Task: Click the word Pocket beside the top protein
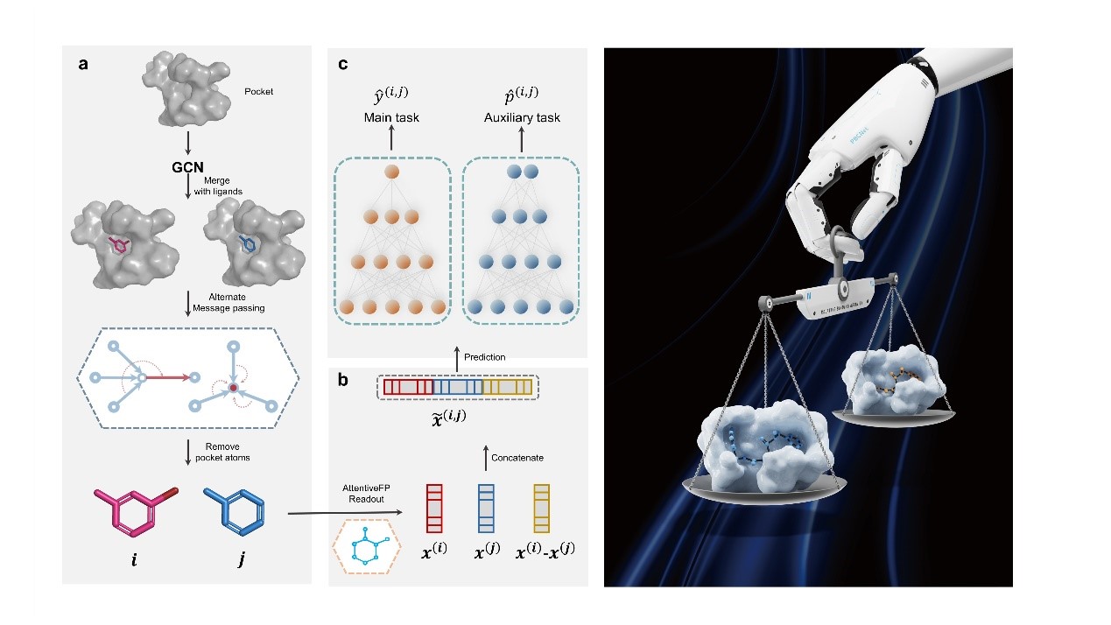(259, 90)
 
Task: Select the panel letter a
(83, 64)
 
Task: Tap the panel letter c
(342, 64)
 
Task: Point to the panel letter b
(344, 381)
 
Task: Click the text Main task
(391, 116)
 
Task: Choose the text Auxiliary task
(522, 116)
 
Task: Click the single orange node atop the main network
(391, 172)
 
